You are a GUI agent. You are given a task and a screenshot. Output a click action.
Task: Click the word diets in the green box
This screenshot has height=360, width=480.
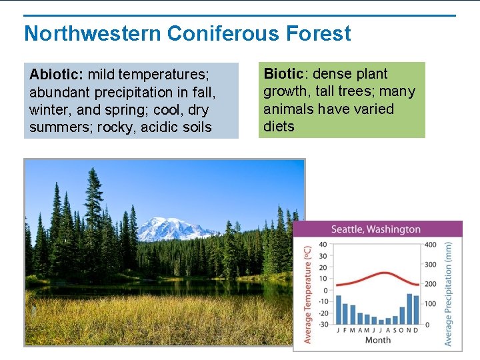point(279,126)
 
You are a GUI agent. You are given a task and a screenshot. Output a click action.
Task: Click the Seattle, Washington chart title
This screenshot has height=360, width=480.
point(376,229)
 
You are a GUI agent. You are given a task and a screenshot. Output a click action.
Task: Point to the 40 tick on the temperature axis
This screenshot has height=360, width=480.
point(323,245)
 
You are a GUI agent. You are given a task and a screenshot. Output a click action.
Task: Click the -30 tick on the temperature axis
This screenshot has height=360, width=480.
point(322,325)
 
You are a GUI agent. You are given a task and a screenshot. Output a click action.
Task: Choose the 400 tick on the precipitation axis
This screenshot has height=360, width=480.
point(430,245)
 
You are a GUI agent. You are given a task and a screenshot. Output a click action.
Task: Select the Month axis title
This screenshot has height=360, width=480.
point(378,339)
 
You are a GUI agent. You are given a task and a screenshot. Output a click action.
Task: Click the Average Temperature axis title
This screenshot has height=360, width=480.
point(307,293)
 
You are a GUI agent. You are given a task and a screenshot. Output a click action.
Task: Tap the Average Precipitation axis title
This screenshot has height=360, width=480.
point(449,294)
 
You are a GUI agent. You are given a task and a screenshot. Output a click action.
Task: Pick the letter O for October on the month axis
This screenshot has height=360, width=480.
point(402,330)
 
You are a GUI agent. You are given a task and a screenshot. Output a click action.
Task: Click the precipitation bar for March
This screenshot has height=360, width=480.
point(353,314)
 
